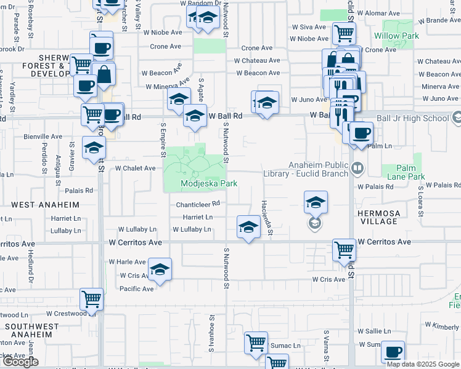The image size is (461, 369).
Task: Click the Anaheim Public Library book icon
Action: click(x=358, y=167)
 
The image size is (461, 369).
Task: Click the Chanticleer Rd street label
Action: click(x=198, y=204)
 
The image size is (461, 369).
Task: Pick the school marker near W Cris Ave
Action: click(x=160, y=269)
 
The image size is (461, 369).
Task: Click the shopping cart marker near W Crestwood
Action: click(x=92, y=300)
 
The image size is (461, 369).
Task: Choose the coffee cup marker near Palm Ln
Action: click(x=362, y=133)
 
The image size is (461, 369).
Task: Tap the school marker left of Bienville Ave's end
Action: click(x=94, y=148)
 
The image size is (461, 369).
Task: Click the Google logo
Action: click(x=20, y=362)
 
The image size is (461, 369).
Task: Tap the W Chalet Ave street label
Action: click(x=135, y=168)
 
